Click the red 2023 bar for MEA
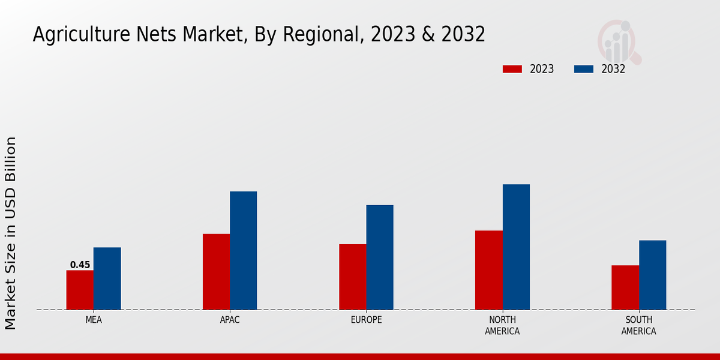click(80, 290)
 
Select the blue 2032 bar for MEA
click(107, 278)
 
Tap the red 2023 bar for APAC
click(216, 272)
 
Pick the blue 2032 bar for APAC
click(243, 250)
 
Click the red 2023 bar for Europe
click(352, 277)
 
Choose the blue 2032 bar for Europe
click(380, 257)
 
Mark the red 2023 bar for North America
click(488, 270)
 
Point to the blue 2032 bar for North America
click(516, 247)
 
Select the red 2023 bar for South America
click(625, 287)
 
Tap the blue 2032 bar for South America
click(652, 275)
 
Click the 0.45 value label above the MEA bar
click(80, 265)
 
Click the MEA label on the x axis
click(94, 320)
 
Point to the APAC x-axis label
click(230, 320)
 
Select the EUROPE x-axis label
click(366, 320)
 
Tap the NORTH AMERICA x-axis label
click(502, 325)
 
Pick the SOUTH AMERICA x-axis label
click(638, 325)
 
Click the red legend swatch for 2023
click(512, 69)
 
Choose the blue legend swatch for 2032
click(584, 69)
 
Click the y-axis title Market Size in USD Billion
click(11, 233)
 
